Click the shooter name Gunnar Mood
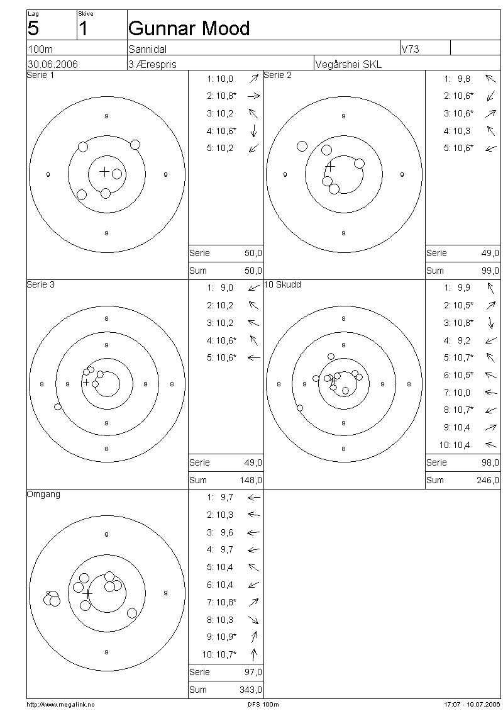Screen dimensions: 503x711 point(189,28)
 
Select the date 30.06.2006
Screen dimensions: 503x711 point(53,64)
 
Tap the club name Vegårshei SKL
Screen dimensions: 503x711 point(348,64)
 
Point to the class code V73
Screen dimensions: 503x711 point(410,49)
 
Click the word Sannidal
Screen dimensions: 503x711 point(148,49)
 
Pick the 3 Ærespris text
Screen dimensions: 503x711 point(152,64)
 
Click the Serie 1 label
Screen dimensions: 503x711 point(40,76)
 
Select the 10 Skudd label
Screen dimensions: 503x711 point(283,285)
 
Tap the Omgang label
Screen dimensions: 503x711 point(43,495)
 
